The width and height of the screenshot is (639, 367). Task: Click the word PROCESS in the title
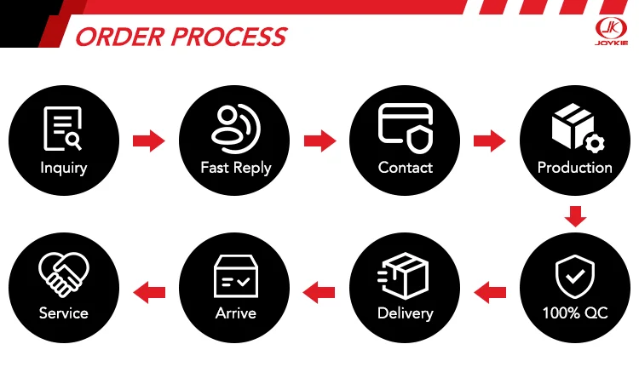click(227, 37)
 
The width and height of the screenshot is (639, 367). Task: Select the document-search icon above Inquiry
click(63, 129)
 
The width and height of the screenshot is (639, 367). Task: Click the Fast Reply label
click(235, 168)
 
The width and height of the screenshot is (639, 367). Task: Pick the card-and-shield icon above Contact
click(406, 127)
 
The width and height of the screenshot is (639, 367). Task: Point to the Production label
click(575, 168)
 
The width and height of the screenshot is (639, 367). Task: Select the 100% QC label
click(575, 313)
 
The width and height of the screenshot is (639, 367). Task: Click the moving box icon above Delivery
click(406, 274)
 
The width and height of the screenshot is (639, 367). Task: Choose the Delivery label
click(406, 313)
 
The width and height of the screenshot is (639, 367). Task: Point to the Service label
click(63, 313)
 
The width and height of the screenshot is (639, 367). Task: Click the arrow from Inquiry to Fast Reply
click(148, 140)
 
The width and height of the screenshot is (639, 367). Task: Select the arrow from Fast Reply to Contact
click(319, 140)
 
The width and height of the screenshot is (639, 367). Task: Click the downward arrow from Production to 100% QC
click(577, 216)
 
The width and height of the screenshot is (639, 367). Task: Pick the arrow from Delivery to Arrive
click(319, 293)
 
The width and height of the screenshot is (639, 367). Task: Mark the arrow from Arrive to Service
click(151, 293)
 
